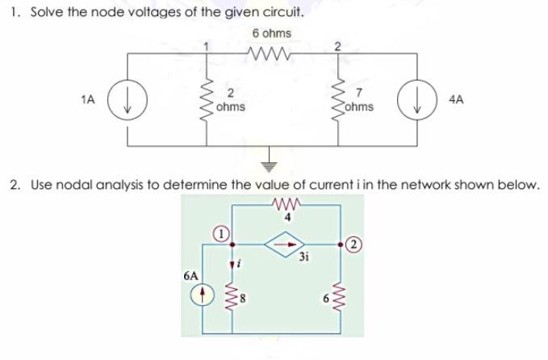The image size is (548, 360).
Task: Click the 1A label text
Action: pos(89,99)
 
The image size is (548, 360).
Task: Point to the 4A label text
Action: pos(456,99)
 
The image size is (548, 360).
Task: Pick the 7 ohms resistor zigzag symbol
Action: pos(338,100)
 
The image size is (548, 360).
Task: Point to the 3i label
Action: pos(303,257)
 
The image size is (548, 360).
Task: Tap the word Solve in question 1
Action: pos(44,14)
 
